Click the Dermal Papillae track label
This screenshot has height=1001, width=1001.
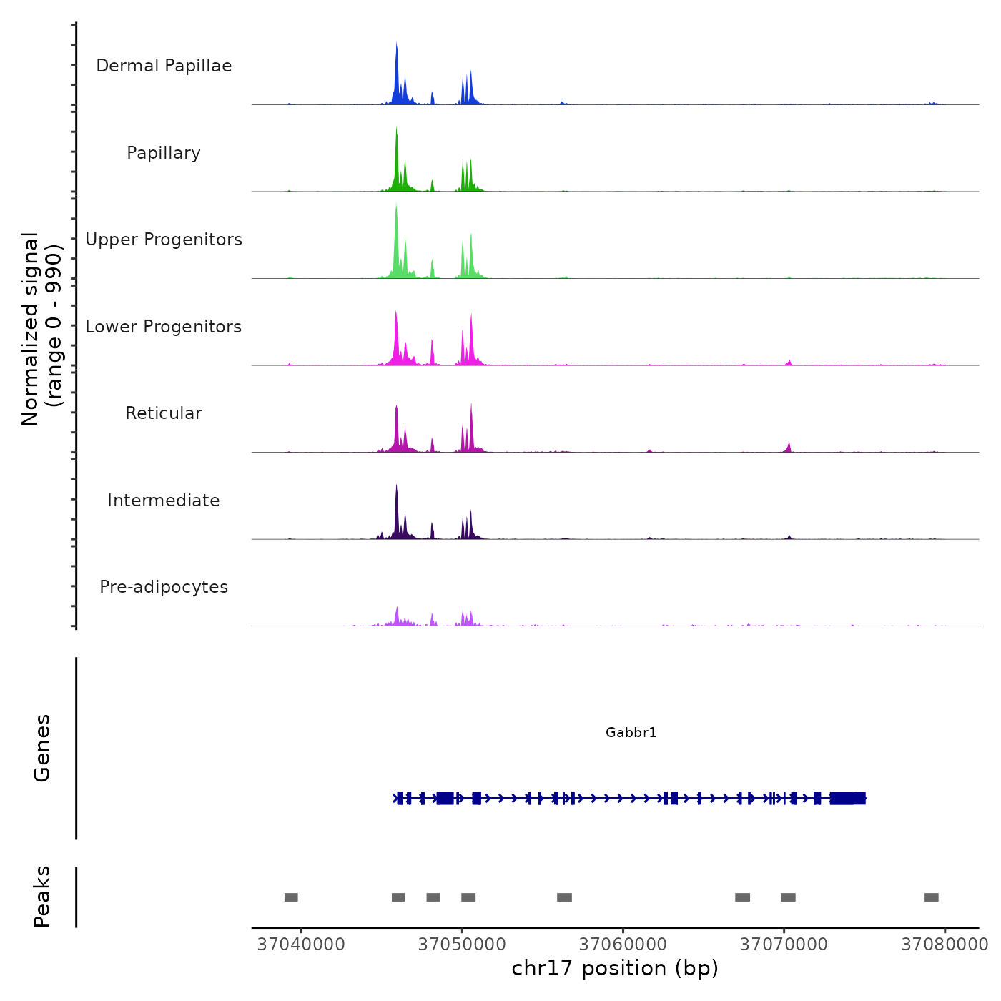pyautogui.click(x=164, y=66)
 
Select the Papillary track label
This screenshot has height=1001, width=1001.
pyautogui.click(x=164, y=153)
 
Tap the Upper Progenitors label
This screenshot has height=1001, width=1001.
pyautogui.click(x=164, y=240)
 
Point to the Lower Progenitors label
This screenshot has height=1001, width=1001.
pyautogui.click(x=164, y=327)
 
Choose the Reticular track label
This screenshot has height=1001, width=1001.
pyautogui.click(x=164, y=413)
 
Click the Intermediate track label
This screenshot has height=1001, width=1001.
pyautogui.click(x=164, y=500)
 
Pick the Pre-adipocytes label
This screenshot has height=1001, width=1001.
pyautogui.click(x=164, y=587)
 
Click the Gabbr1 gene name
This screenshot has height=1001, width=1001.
pyautogui.click(x=631, y=732)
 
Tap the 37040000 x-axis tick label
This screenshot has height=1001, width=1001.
pyautogui.click(x=301, y=945)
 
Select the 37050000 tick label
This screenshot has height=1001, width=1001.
pyautogui.click(x=462, y=945)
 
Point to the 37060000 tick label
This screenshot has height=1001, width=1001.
pyautogui.click(x=623, y=945)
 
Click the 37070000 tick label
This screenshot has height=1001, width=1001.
pyautogui.click(x=784, y=945)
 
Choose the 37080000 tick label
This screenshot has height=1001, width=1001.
pyautogui.click(x=945, y=945)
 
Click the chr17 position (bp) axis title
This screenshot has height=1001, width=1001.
pyautogui.click(x=615, y=968)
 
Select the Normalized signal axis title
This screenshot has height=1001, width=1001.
pyautogui.click(x=41, y=329)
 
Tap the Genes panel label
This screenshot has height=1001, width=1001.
pyautogui.click(x=41, y=748)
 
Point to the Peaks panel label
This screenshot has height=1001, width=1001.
pyautogui.click(x=41, y=897)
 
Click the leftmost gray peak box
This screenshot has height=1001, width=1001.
pyautogui.click(x=291, y=897)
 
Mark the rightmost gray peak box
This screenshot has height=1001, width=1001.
pyautogui.click(x=931, y=897)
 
